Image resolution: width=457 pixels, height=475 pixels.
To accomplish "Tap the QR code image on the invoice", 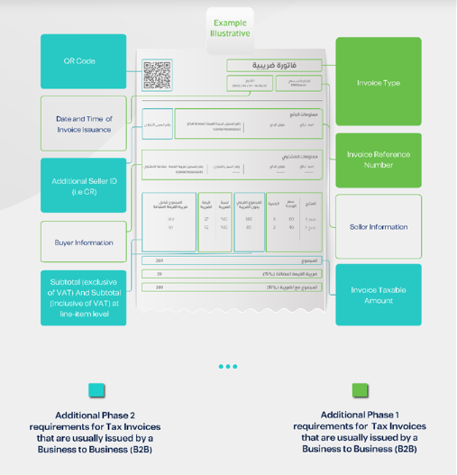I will point(157,76).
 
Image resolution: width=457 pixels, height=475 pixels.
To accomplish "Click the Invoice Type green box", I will point(378,83).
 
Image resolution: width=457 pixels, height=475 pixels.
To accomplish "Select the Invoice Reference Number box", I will point(378,160).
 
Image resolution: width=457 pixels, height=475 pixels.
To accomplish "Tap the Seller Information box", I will point(378,226).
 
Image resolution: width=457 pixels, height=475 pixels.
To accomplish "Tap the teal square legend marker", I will point(96,390).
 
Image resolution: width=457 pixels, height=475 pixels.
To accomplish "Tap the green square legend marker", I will point(360,390).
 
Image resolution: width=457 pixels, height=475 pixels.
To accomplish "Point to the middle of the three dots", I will point(228,366).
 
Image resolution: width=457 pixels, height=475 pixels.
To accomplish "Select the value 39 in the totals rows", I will point(160,274).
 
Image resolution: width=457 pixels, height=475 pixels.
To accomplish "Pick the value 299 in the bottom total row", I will point(160,288).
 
